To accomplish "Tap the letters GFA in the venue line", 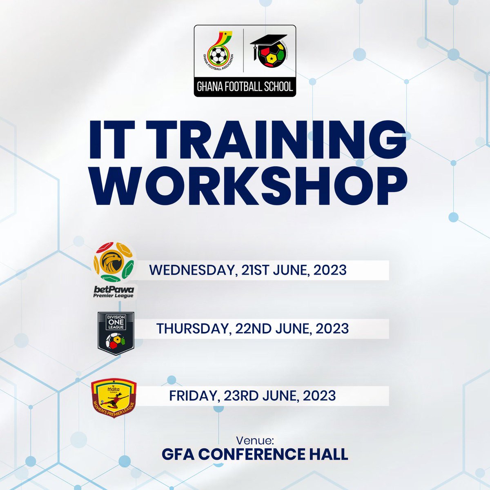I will (178, 454).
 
